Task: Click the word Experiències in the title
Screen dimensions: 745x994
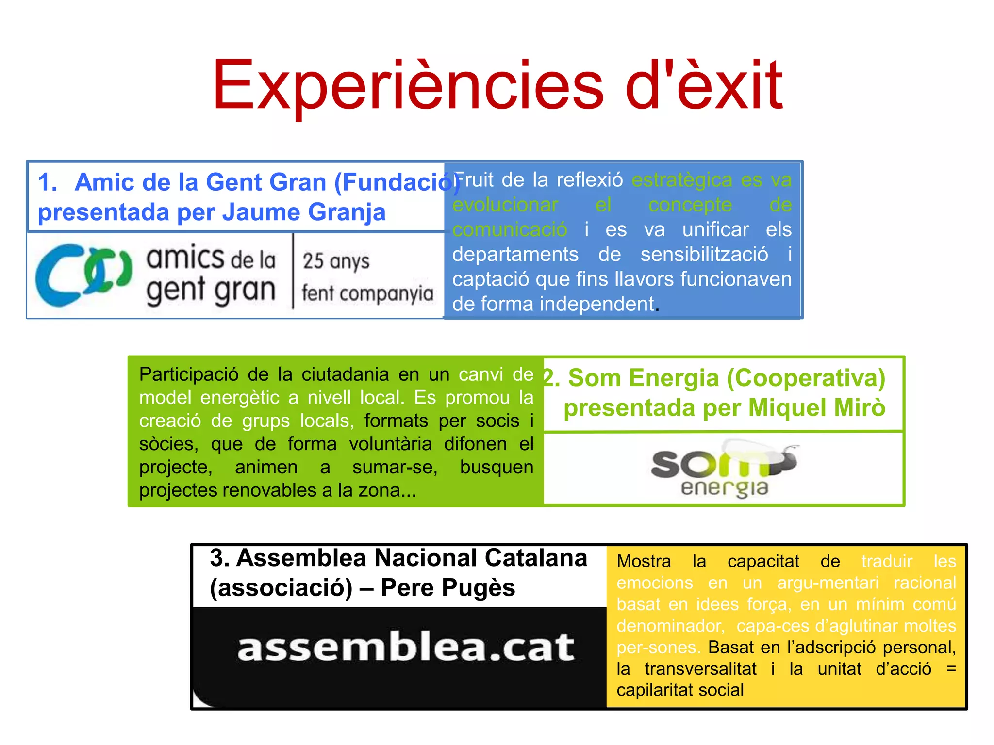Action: [408, 86]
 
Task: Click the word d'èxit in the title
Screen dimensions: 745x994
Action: [704, 86]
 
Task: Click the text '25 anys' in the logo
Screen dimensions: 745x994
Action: [336, 261]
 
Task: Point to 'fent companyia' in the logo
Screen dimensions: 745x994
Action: [367, 293]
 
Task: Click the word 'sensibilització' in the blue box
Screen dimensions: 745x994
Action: [704, 254]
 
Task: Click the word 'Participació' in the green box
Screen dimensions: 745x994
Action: [189, 374]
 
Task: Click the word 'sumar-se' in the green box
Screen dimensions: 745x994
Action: [395, 467]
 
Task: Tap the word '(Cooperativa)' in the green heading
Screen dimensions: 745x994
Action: [806, 378]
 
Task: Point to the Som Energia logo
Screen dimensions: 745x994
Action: [723, 468]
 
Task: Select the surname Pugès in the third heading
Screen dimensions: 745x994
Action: [478, 588]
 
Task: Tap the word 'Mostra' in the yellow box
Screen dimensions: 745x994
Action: [644, 561]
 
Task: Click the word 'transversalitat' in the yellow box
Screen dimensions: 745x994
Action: [700, 669]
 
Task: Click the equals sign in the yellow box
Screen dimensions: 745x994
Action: [951, 669]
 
